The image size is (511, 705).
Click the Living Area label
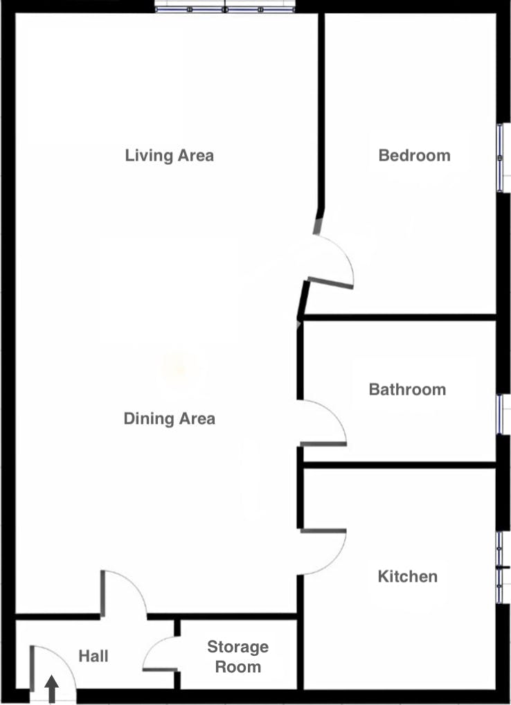[170, 156]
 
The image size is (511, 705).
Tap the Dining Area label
[170, 418]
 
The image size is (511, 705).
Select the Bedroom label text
[414, 155]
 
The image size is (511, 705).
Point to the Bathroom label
[407, 389]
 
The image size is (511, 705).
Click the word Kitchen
[408, 576]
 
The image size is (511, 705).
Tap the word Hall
[93, 656]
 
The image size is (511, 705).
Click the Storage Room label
[238, 657]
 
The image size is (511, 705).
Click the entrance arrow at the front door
[52, 688]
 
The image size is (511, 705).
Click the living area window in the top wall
[225, 9]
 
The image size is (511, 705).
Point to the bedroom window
[500, 157]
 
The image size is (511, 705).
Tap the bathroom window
[500, 415]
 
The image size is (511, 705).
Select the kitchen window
[500, 568]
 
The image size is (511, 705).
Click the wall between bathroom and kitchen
[400, 465]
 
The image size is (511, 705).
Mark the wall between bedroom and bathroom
[400, 317]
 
